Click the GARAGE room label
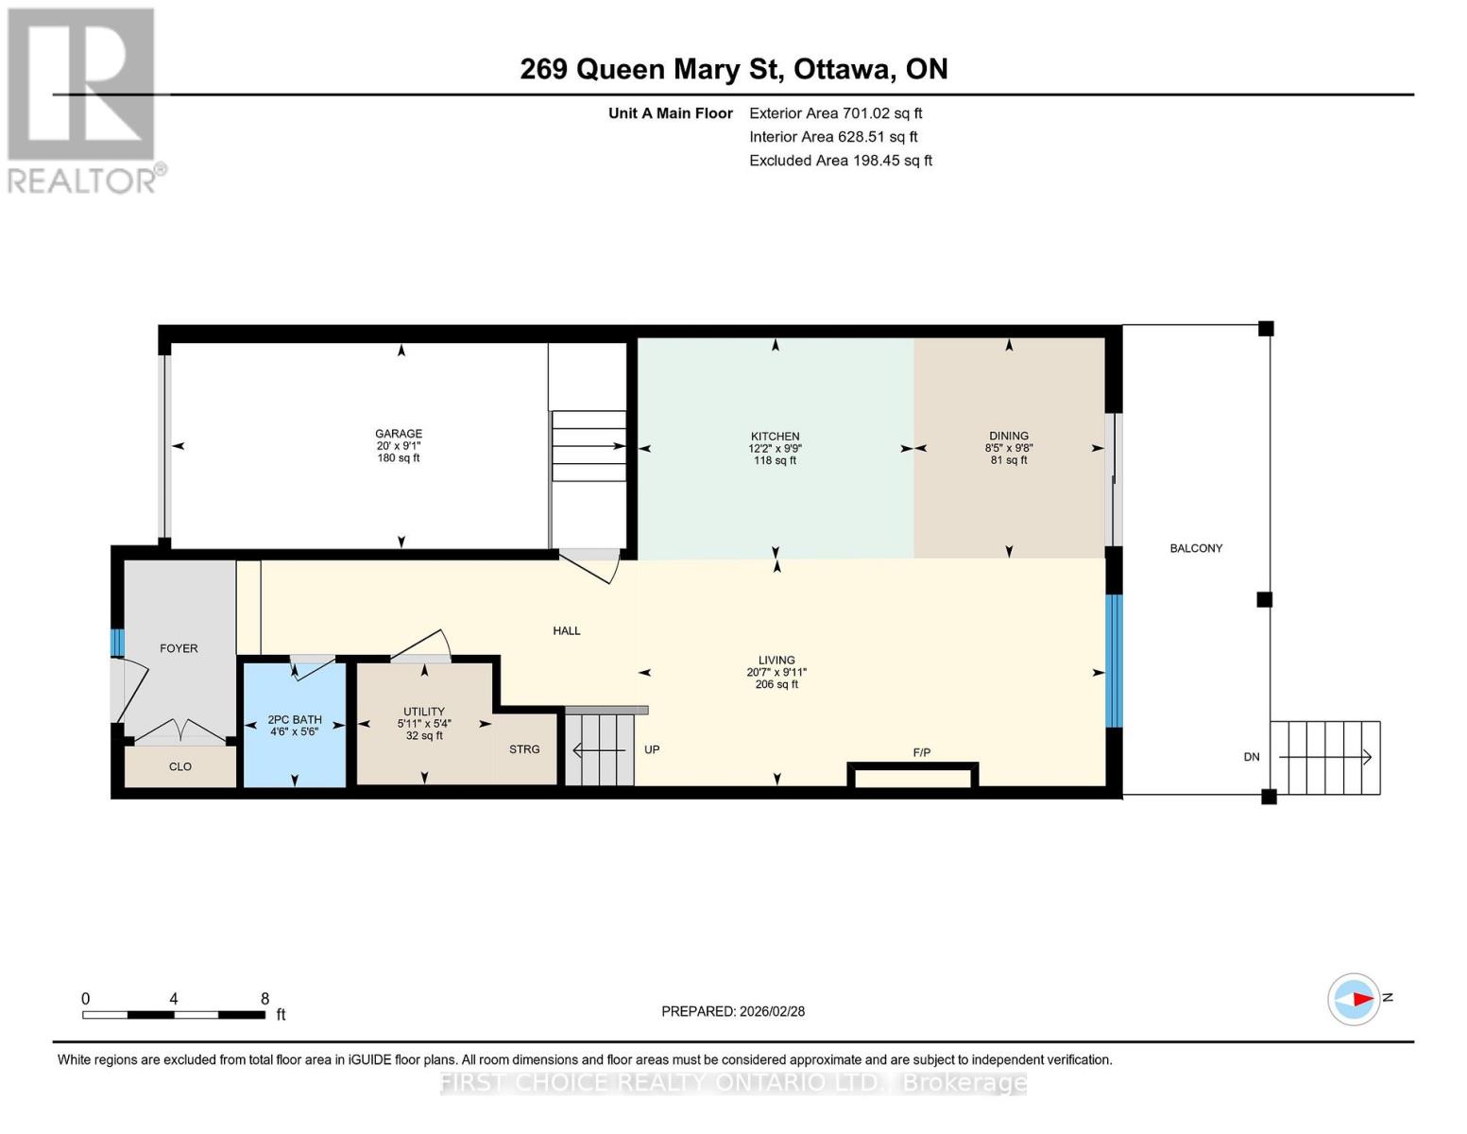point(398,434)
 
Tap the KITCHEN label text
point(775,437)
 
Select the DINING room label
point(1008,437)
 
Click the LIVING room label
point(776,661)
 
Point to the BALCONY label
point(1195,548)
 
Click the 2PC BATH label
point(295,719)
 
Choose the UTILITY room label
point(423,712)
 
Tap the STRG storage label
point(524,749)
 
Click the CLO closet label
point(180,766)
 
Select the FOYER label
point(179,648)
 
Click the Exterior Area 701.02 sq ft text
point(835,113)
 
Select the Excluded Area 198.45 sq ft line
point(840,161)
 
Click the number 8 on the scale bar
point(264,999)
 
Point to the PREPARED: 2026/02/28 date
point(733,1011)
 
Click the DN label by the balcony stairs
point(1251,757)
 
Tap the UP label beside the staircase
point(652,749)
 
